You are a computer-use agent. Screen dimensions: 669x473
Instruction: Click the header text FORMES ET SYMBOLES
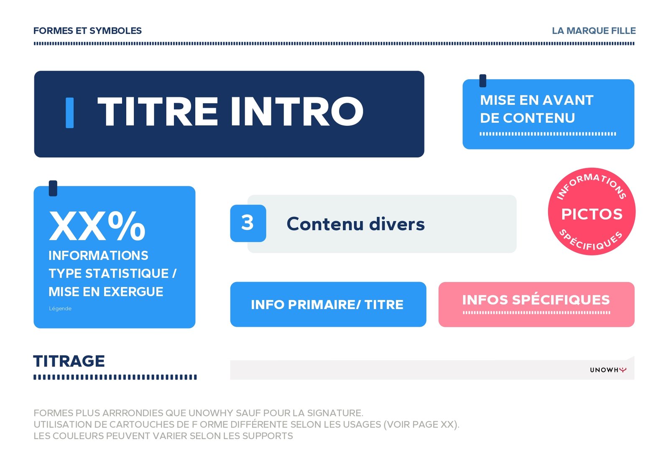87,31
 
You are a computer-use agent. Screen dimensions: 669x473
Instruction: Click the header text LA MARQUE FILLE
594,31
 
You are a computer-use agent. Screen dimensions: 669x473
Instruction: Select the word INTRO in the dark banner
297,112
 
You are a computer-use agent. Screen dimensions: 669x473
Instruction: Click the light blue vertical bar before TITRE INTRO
69,113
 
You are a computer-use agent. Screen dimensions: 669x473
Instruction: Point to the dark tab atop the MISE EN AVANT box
483,81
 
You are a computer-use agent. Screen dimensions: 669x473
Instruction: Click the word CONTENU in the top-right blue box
539,118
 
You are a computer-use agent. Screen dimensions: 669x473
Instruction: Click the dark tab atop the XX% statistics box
53,188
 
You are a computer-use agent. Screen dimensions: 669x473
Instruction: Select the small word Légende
60,308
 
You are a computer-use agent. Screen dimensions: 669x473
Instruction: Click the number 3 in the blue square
247,223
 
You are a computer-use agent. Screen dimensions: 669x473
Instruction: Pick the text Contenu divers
355,224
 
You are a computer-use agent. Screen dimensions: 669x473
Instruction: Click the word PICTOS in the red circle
592,214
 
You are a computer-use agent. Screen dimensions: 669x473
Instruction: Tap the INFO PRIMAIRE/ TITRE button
328,304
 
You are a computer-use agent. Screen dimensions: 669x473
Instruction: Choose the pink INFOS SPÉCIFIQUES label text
536,300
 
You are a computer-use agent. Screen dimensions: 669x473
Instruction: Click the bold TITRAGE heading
69,361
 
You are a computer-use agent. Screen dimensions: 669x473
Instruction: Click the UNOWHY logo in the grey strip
608,370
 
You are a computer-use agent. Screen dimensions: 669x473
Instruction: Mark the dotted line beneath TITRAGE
115,377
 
